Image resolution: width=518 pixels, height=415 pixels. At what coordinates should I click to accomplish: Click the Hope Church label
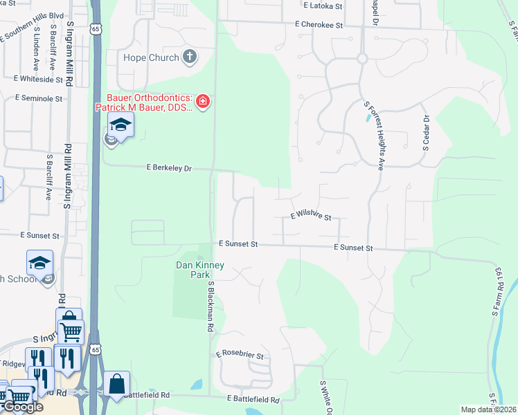click(151, 57)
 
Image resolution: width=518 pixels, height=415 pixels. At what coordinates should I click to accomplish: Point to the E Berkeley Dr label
click(168, 167)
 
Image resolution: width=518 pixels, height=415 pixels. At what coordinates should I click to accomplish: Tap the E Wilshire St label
click(311, 216)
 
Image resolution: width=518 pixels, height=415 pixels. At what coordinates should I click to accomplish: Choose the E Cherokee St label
click(319, 25)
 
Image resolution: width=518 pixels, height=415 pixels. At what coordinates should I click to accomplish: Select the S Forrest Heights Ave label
click(374, 136)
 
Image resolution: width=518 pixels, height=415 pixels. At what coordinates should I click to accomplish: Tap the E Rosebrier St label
click(240, 355)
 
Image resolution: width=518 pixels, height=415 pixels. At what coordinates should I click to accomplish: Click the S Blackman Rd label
click(210, 307)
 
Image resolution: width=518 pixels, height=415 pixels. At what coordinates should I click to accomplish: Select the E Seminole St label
click(38, 99)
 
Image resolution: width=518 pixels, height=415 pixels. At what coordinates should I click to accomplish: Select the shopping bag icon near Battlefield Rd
click(117, 383)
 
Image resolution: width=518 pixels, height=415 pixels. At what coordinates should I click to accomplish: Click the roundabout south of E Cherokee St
click(361, 59)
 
